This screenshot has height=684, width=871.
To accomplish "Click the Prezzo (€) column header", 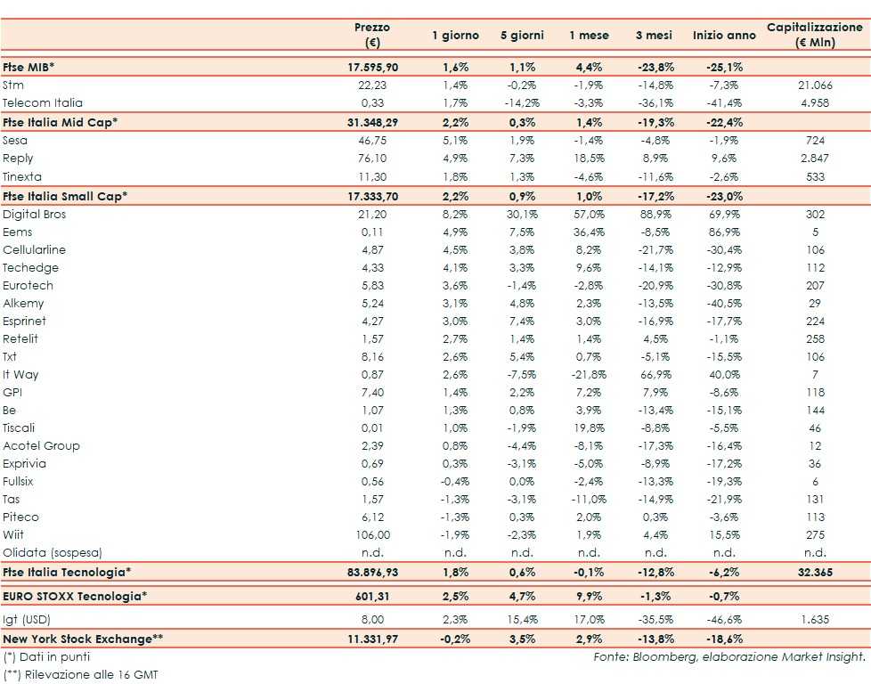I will coord(371,35).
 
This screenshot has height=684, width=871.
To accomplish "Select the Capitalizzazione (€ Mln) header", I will coord(815,35).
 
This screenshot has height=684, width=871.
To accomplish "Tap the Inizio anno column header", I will coord(718,36).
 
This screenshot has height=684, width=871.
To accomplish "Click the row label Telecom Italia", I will coord(43,103).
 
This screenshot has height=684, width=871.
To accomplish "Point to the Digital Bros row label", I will coord(35,215).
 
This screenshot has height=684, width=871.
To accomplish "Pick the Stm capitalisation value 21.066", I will coord(815,85).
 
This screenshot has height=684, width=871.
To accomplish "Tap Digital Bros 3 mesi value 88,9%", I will coord(653,215).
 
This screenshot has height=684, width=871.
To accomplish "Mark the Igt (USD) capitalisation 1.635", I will coord(815,621).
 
